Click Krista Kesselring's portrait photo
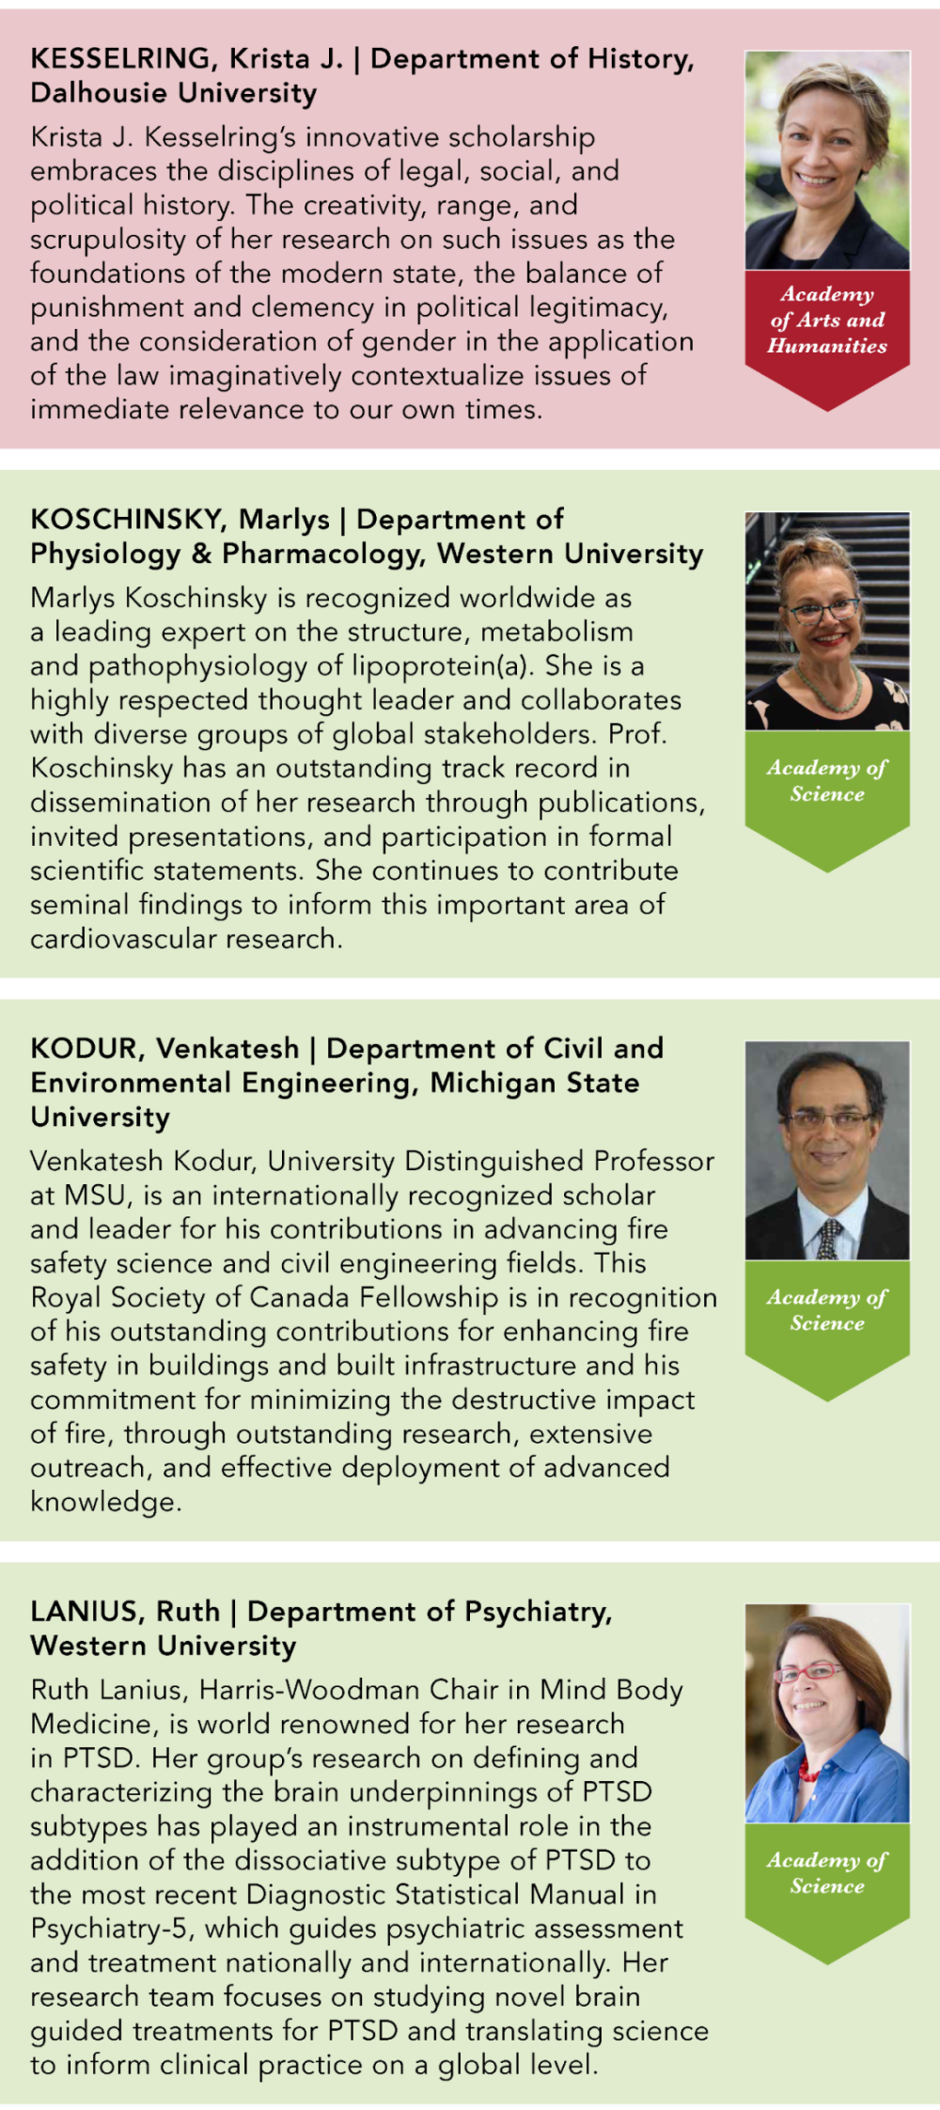click(827, 160)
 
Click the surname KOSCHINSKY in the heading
click(128, 520)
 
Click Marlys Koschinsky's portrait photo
click(827, 621)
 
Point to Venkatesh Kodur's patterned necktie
click(829, 1239)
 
